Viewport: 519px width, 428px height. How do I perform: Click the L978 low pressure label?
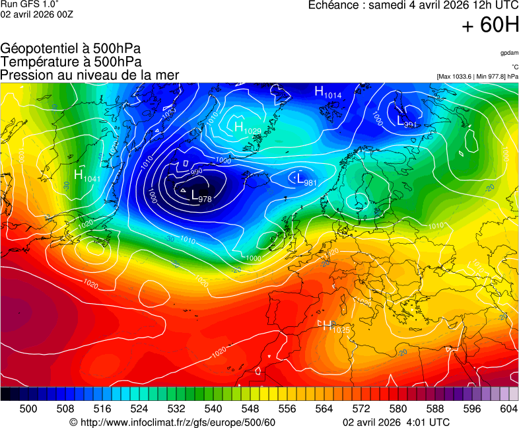[x=201, y=196]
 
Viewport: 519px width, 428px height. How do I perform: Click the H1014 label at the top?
[x=328, y=93]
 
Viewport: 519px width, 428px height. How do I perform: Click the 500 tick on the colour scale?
[x=28, y=409]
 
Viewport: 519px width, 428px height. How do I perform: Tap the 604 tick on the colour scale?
[x=508, y=409]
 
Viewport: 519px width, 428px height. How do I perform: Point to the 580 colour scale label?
[x=398, y=409]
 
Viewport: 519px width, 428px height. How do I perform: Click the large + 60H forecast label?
[x=490, y=25]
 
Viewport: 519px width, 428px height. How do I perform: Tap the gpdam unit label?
[x=509, y=52]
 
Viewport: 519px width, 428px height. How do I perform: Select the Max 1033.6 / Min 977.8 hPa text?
[x=477, y=77]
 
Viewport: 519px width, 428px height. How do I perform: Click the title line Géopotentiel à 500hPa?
[x=71, y=48]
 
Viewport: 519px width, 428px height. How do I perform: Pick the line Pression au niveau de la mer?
[x=90, y=75]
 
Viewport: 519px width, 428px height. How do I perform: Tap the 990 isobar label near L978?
[x=196, y=172]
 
